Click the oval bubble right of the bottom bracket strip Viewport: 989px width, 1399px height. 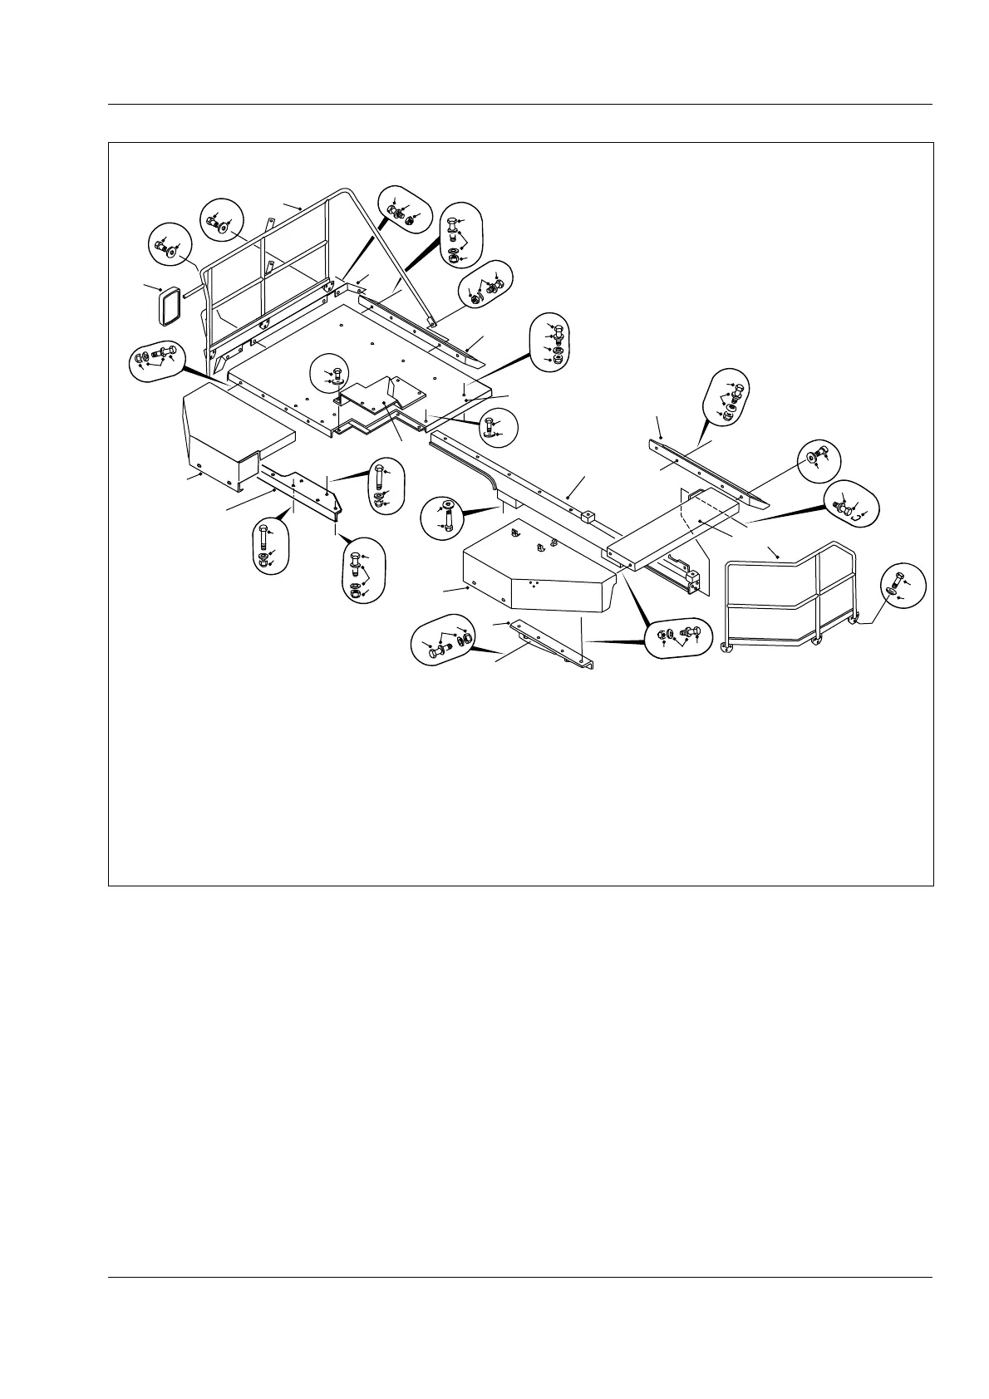(678, 637)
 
